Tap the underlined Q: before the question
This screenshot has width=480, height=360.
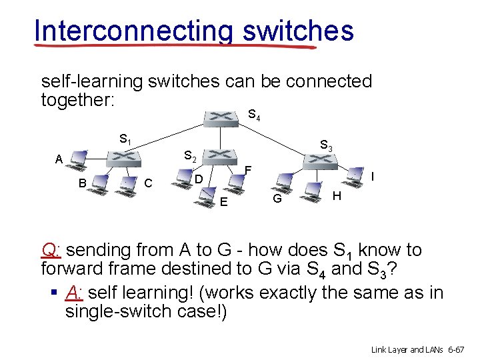(51, 250)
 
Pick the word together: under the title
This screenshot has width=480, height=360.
(78, 100)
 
